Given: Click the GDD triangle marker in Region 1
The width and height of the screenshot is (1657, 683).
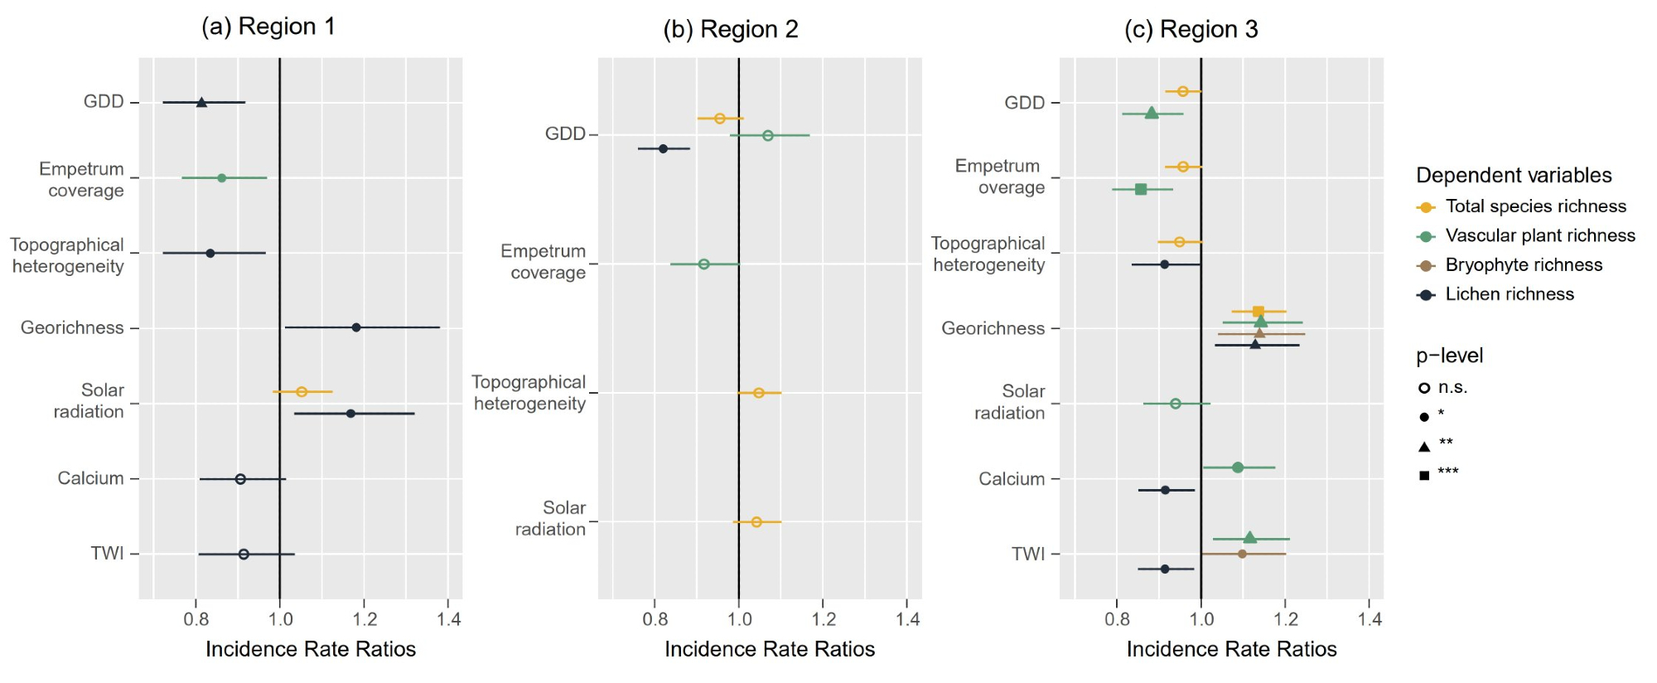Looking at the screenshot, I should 201,102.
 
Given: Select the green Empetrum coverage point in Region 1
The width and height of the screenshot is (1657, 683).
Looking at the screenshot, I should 221,177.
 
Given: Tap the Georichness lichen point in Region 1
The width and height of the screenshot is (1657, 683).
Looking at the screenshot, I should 356,327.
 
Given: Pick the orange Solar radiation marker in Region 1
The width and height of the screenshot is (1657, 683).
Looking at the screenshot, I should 302,391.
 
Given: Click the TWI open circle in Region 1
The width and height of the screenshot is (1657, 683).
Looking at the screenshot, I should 244,554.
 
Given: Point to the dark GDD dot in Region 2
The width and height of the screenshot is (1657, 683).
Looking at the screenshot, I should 663,148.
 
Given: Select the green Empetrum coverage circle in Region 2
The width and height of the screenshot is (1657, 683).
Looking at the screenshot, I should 703,264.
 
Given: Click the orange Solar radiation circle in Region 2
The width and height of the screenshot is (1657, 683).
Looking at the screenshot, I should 756,522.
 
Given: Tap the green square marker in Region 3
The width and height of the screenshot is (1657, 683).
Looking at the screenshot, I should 1141,189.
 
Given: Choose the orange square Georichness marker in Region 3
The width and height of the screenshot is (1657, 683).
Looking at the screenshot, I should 1258,312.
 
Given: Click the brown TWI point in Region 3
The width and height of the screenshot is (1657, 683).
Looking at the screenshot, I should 1242,554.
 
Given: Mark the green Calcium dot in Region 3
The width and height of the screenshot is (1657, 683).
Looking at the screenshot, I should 1238,467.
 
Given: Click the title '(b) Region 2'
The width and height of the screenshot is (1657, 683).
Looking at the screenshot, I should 731,29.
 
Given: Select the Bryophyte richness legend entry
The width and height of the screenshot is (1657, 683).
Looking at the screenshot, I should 1524,265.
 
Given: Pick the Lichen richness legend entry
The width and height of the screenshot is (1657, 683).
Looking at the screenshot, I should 1510,294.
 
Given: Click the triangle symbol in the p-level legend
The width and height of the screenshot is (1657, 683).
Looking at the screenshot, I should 1424,446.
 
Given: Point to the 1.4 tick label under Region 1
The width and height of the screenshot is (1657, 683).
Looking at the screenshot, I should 449,619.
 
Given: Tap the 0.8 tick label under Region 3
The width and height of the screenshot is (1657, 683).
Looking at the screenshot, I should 1117,619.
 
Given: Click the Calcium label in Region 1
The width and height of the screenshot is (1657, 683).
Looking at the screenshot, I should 90,478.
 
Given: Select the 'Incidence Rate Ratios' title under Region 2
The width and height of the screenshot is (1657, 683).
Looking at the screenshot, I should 770,649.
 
